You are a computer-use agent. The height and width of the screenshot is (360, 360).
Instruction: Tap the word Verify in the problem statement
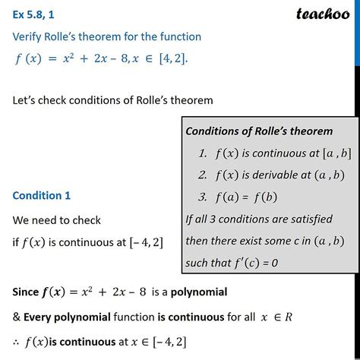30,36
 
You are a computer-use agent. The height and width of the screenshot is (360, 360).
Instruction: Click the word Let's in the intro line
27,100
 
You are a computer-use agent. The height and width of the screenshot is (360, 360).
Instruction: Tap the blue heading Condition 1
41,195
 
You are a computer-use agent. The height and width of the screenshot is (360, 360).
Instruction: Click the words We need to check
56,220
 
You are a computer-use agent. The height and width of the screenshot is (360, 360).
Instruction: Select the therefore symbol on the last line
17,340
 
